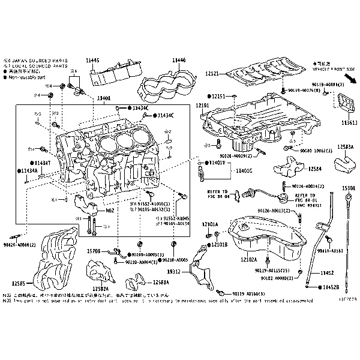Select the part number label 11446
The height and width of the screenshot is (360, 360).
pyautogui.click(x=179, y=60)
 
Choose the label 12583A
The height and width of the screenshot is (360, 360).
pyautogui.click(x=345, y=146)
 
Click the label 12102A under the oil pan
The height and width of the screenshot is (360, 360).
pyautogui.click(x=248, y=260)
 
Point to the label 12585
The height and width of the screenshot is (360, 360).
pyautogui.click(x=18, y=283)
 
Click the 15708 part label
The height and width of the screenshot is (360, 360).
pyautogui.click(x=94, y=251)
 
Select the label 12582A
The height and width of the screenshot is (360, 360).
pyautogui.click(x=100, y=289)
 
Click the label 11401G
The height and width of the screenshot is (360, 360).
pyautogui.click(x=244, y=171)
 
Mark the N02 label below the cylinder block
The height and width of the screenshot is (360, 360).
pyautogui.click(x=110, y=211)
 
